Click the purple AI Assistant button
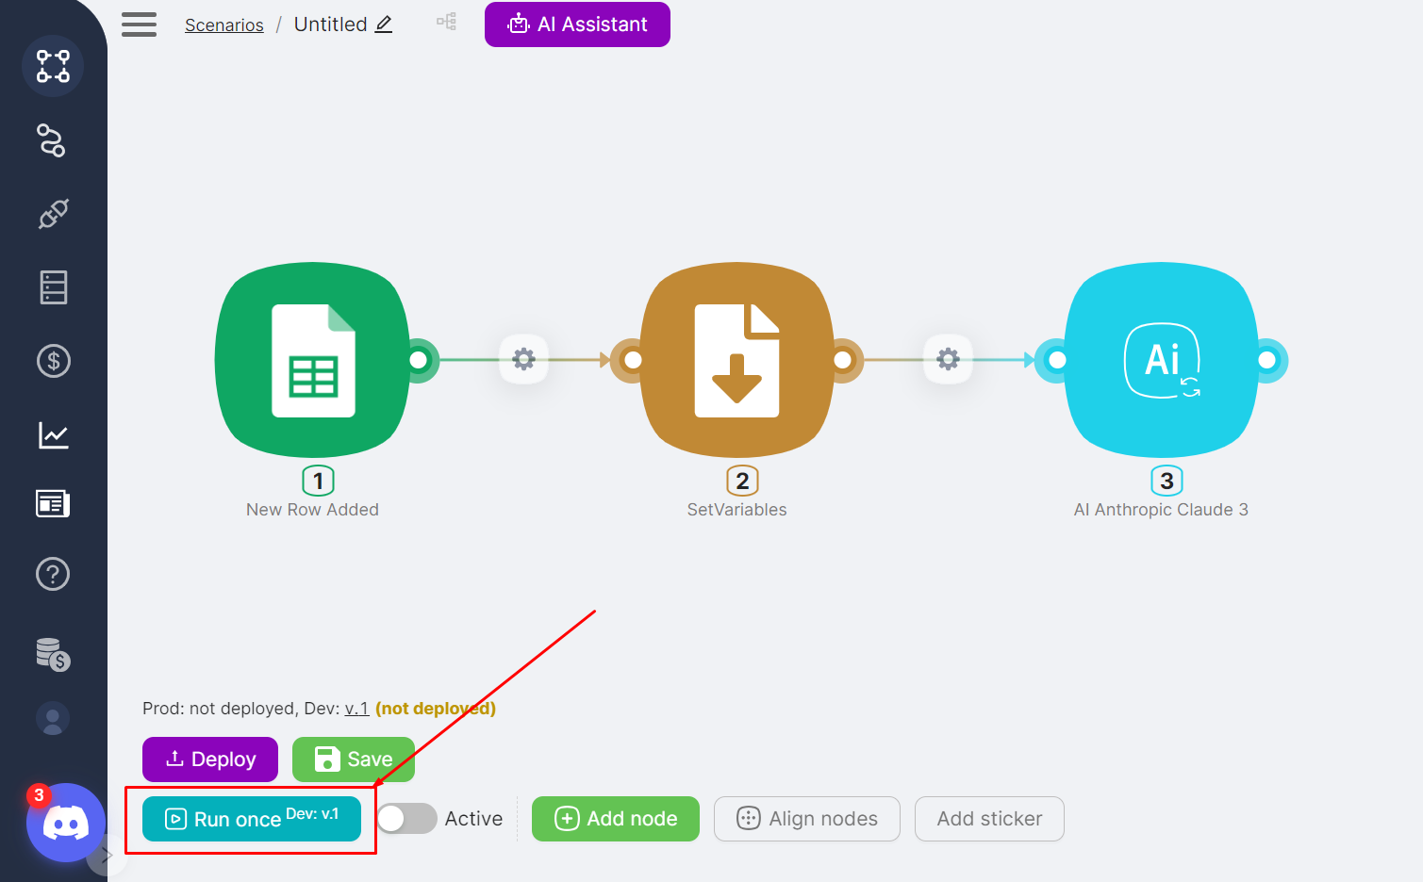577,24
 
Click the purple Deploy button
210,759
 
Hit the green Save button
353,759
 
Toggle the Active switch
407,818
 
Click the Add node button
616,819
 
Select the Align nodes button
807,819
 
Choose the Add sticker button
989,819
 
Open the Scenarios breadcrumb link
224,25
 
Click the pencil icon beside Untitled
384,24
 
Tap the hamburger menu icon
140,24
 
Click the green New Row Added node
313,360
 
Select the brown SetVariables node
736,360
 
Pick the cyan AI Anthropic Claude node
1162,360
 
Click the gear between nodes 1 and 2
523,359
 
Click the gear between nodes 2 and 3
949,359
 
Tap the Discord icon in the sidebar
66,823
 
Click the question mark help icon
53,574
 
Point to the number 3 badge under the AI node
1167,482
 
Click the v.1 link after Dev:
356,709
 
